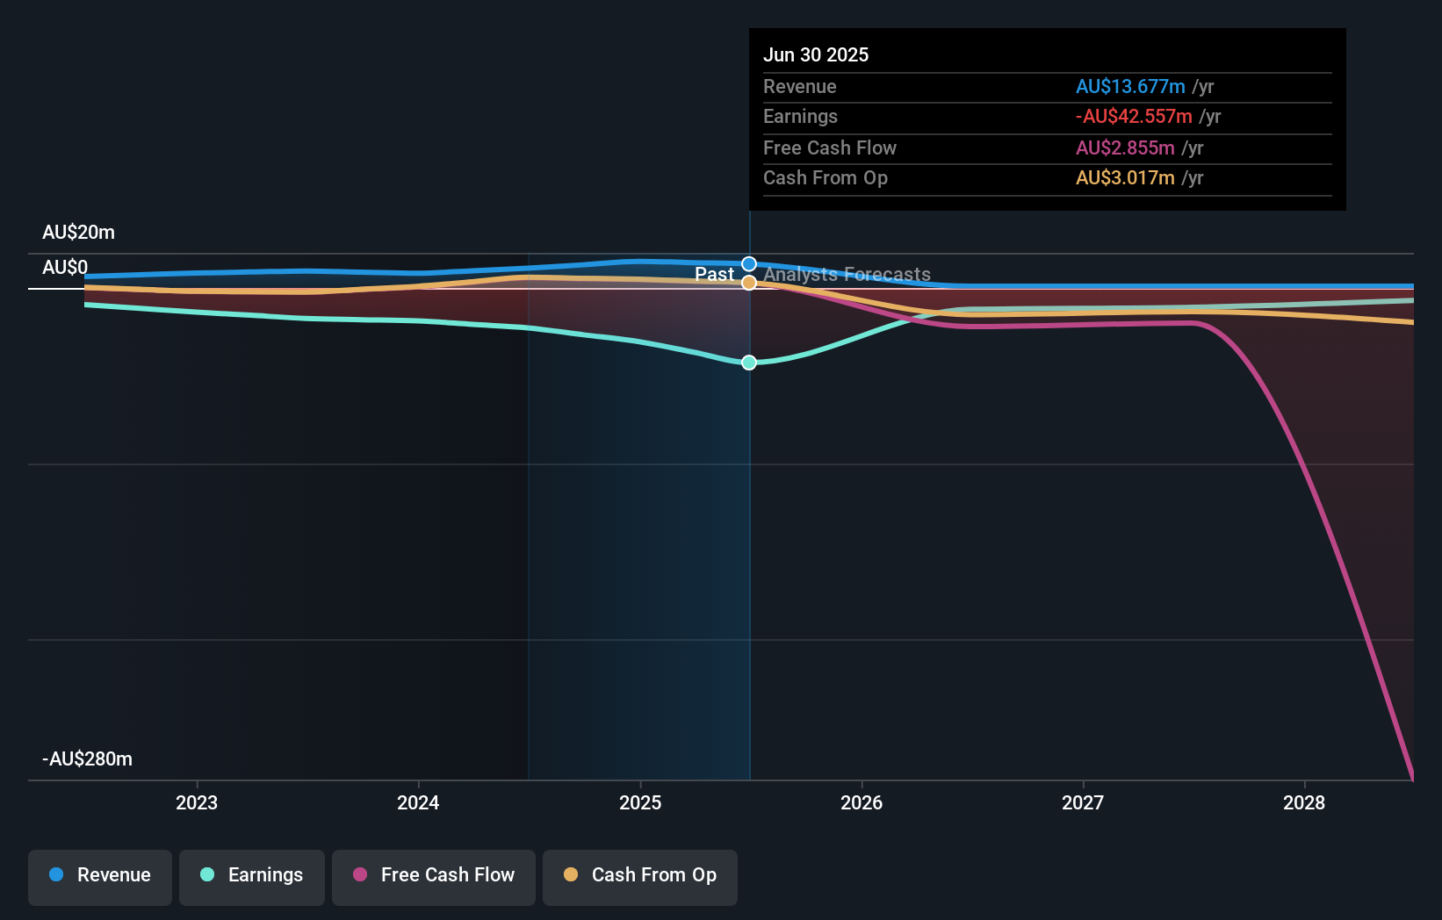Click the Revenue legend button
click(100, 875)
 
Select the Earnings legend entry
click(252, 875)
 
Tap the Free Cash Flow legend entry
click(434, 875)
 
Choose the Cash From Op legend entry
click(640, 875)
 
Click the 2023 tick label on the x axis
click(197, 802)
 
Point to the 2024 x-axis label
click(418, 802)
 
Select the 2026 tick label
click(862, 802)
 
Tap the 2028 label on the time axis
click(1304, 802)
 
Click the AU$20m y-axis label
click(78, 233)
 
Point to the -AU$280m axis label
click(87, 759)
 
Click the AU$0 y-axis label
click(65, 268)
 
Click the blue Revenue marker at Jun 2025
click(749, 264)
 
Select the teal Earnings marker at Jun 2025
click(749, 363)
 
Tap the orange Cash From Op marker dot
click(749, 283)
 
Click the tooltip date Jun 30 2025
click(816, 55)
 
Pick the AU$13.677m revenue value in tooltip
click(1130, 87)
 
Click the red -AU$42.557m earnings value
click(1134, 117)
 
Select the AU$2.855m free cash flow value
click(1125, 148)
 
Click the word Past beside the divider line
click(714, 275)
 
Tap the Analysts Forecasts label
click(847, 275)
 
